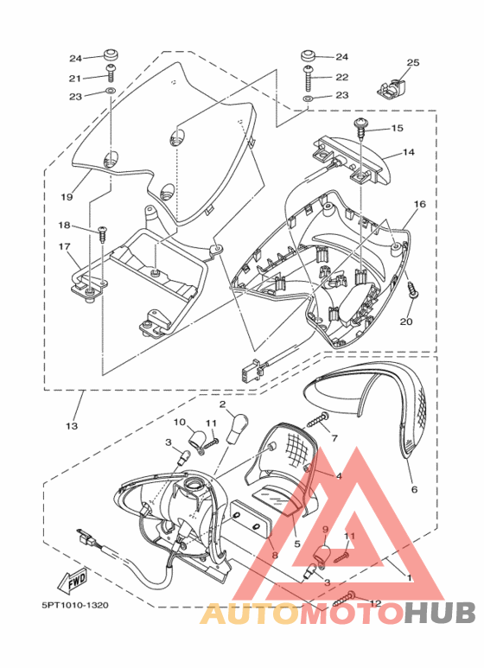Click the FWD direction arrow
pyautogui.click(x=73, y=580)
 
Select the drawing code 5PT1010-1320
pyautogui.click(x=75, y=605)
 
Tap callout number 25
pyautogui.click(x=413, y=62)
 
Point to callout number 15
pyautogui.click(x=397, y=128)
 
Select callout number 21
pyautogui.click(x=75, y=79)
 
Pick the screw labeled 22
pyautogui.click(x=309, y=78)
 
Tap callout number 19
pyautogui.click(x=67, y=197)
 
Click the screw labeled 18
pyautogui.click(x=102, y=234)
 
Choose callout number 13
pyautogui.click(x=72, y=425)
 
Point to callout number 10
pyautogui.click(x=181, y=423)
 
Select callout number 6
pyautogui.click(x=414, y=489)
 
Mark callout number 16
pyautogui.click(x=420, y=205)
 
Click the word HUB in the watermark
pyautogui.click(x=440, y=614)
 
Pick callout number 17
pyautogui.click(x=65, y=246)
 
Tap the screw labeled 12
pyautogui.click(x=345, y=599)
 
